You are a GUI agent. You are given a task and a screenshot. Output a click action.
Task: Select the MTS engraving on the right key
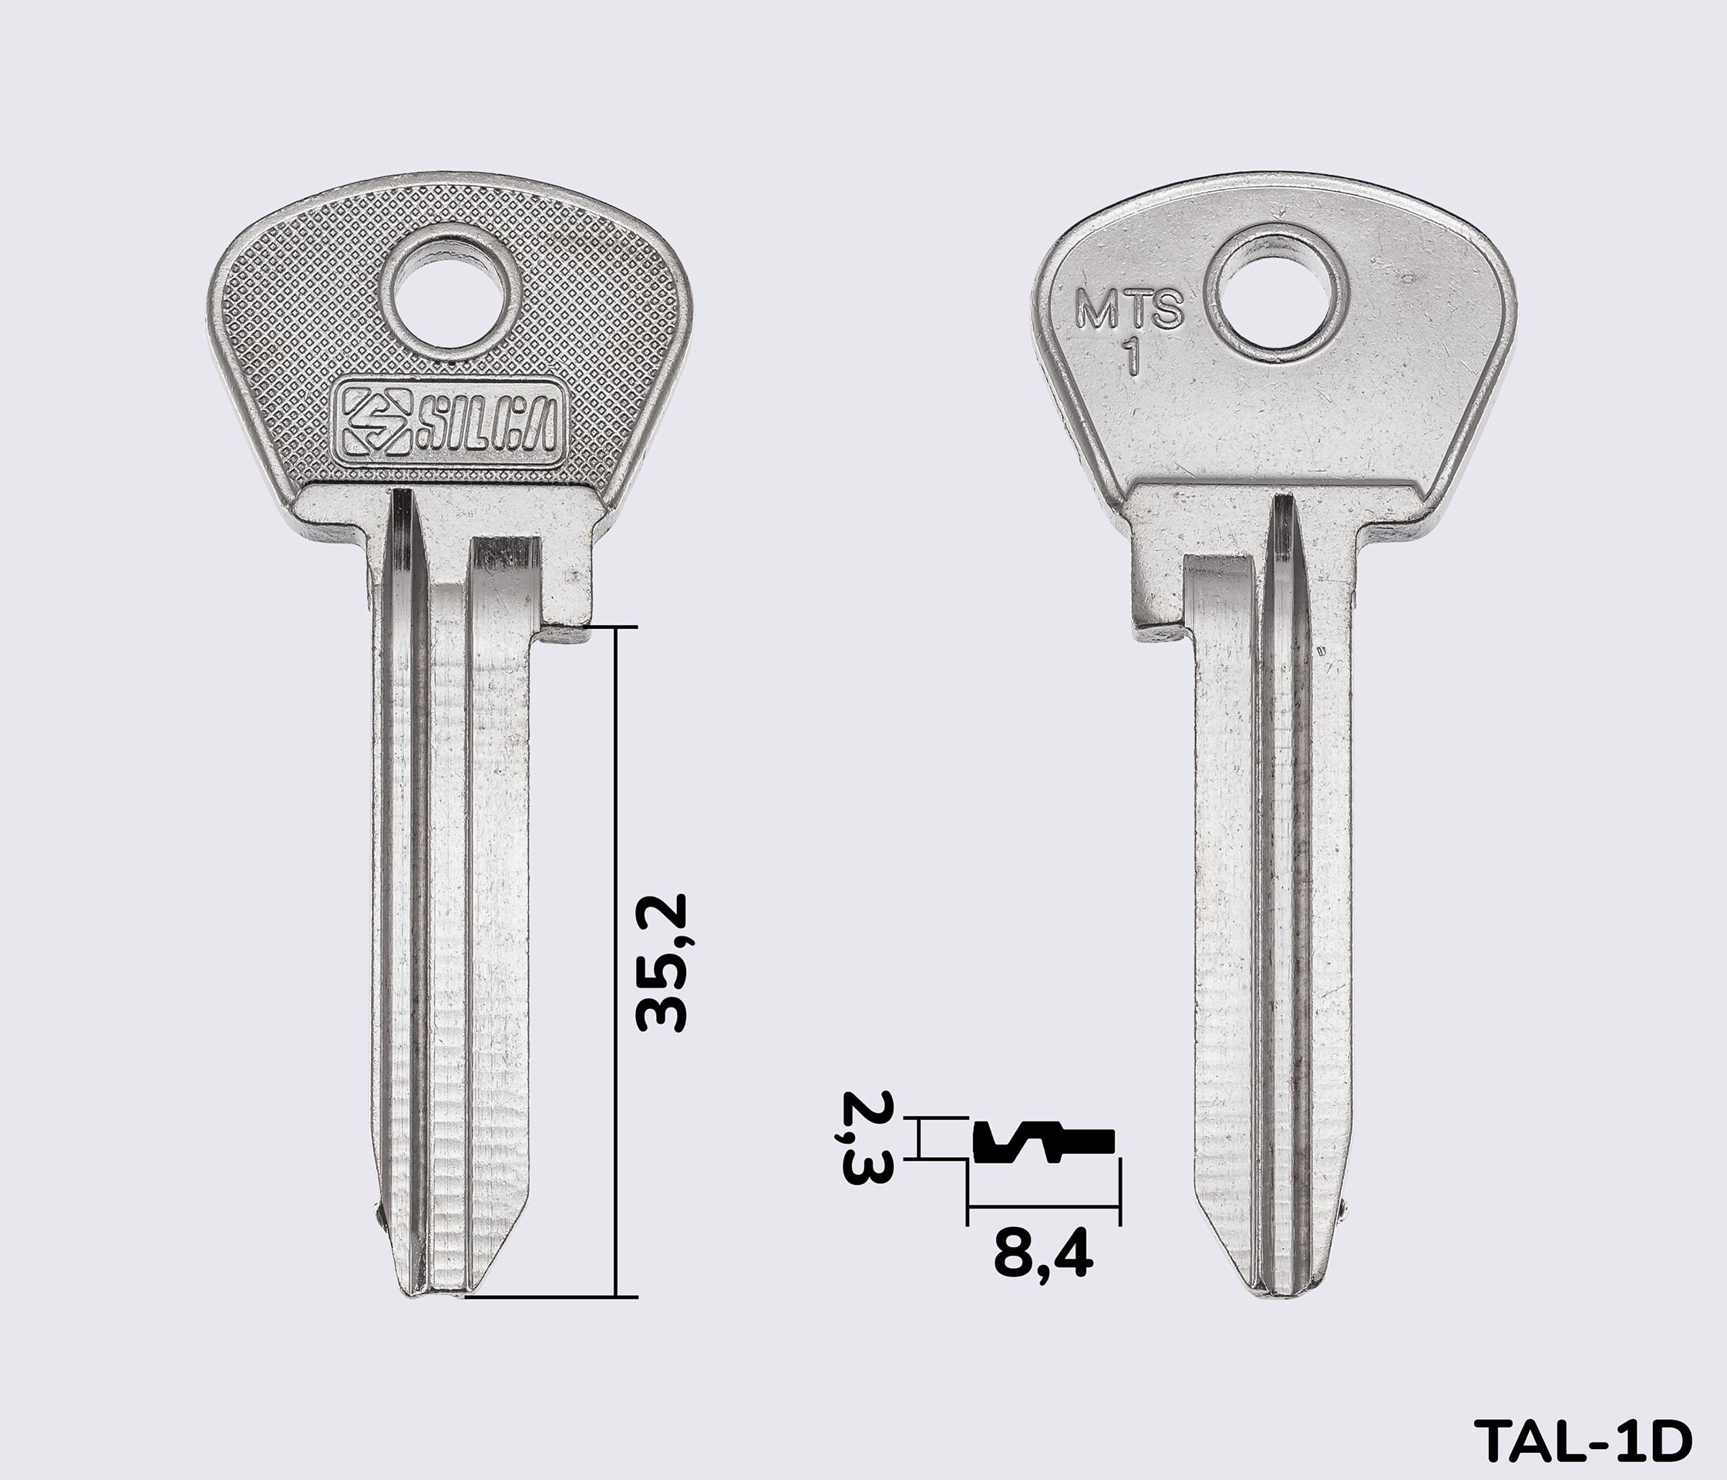(1129, 308)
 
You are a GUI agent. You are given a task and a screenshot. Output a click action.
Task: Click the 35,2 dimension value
(660, 964)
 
